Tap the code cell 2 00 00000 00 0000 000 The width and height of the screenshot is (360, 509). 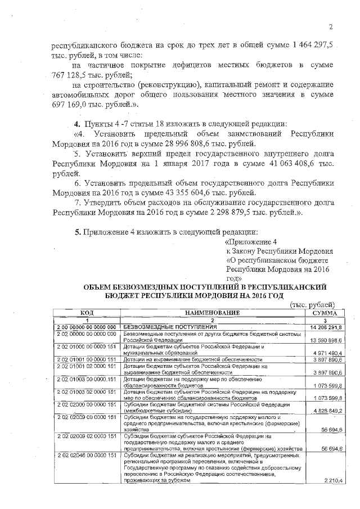coord(87,327)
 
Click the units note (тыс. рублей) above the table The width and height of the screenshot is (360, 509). coord(313,304)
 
